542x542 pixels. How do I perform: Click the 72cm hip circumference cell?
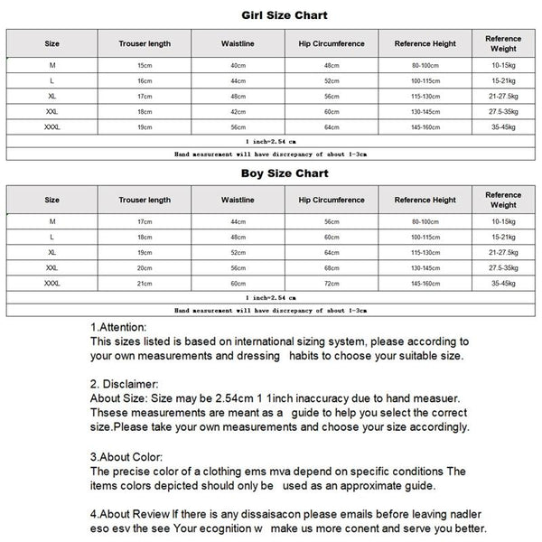[x=332, y=284]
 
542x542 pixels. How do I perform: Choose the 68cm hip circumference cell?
[x=332, y=268]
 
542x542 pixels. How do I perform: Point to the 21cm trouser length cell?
[x=145, y=284]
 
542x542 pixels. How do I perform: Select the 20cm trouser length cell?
[x=145, y=268]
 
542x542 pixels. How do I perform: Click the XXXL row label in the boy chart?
[x=51, y=284]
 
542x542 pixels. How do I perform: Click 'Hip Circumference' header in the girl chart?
[x=332, y=43]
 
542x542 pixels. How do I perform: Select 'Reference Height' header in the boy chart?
[x=425, y=200]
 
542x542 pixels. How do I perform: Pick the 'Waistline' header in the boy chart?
[x=238, y=200]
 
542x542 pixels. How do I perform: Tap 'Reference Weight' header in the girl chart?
[x=503, y=43]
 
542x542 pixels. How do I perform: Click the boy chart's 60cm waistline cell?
[x=238, y=284]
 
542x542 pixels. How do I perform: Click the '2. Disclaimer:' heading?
[x=126, y=384]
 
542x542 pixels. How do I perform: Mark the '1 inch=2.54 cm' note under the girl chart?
[x=271, y=143]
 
